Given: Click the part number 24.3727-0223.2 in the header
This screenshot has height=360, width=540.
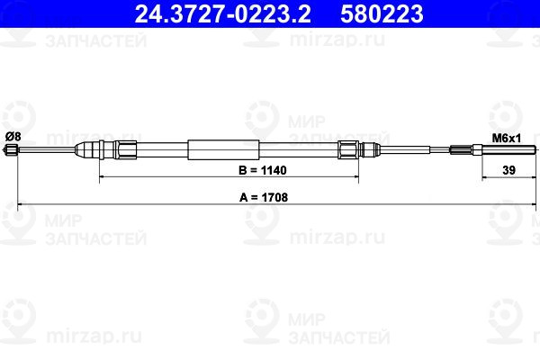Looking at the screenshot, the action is (222, 13).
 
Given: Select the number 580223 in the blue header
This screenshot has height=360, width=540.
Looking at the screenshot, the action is (382, 13).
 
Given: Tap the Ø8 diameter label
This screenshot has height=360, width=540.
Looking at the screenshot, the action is (13, 137).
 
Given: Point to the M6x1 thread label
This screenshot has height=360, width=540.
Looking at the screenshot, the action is (506, 139).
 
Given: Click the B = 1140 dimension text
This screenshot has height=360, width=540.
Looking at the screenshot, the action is (263, 170).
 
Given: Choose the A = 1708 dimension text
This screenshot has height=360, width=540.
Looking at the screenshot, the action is (264, 197).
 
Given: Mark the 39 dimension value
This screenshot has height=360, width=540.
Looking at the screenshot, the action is (508, 170).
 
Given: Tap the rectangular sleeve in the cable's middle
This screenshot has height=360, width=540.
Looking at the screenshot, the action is (223, 149).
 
